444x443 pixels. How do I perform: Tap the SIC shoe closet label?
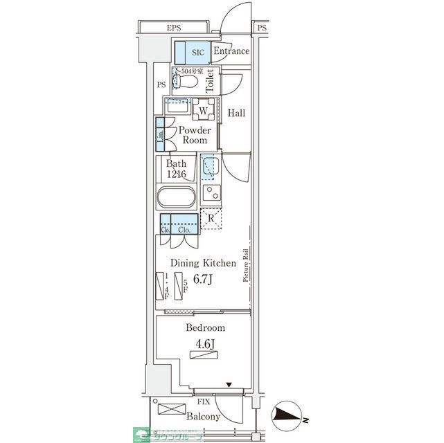click(x=198, y=52)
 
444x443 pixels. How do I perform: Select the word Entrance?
click(x=231, y=52)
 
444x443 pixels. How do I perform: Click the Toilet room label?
click(x=211, y=80)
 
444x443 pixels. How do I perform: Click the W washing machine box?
click(x=204, y=111)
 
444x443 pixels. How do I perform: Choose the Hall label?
click(x=236, y=114)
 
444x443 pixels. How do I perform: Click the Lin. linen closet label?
click(x=160, y=136)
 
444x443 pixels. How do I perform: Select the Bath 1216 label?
click(x=176, y=169)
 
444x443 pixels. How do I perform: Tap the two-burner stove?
click(x=211, y=193)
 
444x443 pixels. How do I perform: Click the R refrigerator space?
click(x=211, y=219)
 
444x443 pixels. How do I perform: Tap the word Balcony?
click(x=204, y=417)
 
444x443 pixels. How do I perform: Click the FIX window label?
click(x=204, y=401)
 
